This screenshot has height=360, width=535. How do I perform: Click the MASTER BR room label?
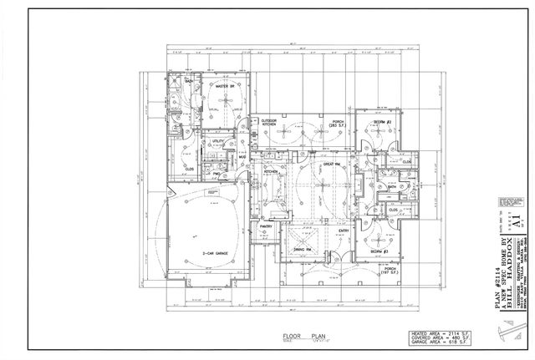pyautogui.click(x=225, y=86)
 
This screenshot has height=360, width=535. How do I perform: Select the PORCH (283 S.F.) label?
pyautogui.click(x=338, y=124)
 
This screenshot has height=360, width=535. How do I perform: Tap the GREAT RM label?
pyautogui.click(x=329, y=165)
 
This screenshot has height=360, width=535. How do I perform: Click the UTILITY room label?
pyautogui.click(x=219, y=142)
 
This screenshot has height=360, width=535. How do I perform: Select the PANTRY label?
pyautogui.click(x=267, y=226)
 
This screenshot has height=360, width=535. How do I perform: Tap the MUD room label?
pyautogui.click(x=241, y=156)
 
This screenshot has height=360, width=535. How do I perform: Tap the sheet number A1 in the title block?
pyautogui.click(x=520, y=220)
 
